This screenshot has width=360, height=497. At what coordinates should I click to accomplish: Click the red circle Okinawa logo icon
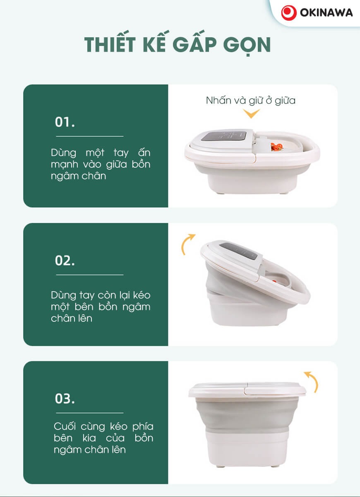coord(289,12)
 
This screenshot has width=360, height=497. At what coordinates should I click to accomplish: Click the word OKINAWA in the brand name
coord(326,13)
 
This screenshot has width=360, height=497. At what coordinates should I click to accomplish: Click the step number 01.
coord(65,122)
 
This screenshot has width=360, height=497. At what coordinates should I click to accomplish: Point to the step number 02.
coord(65,260)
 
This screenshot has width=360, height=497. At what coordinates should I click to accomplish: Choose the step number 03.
coord(65,398)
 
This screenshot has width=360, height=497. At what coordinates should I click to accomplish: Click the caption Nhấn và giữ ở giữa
coord(250,101)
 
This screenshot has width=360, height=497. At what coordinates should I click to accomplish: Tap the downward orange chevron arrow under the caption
coord(251,114)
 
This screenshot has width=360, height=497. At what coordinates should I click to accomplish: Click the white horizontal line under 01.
coord(90,136)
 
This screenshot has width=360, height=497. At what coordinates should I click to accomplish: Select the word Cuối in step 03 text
coord(65,426)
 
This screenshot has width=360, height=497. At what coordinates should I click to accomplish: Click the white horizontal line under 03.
coord(90,413)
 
